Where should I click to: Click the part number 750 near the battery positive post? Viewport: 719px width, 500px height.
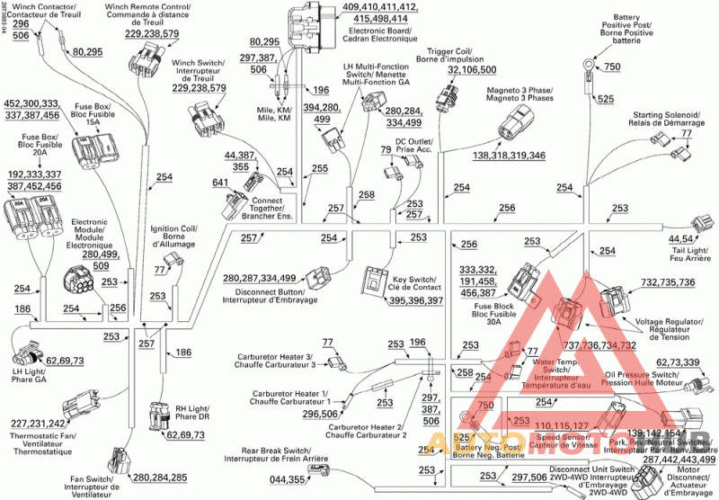pyautogui.click(x=611, y=67)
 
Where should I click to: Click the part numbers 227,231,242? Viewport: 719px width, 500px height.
pyautogui.click(x=38, y=424)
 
